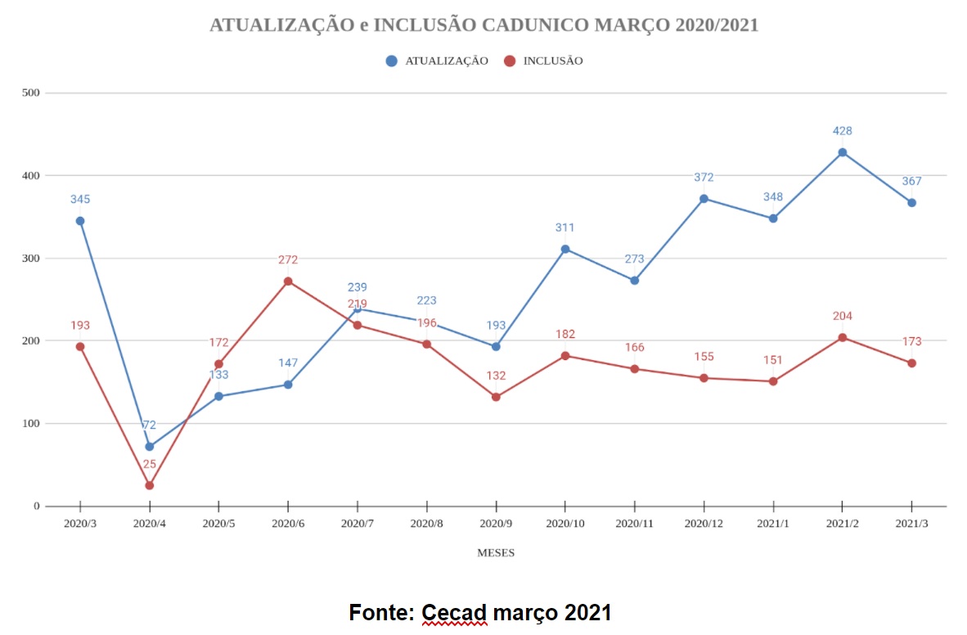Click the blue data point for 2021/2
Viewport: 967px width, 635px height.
click(x=842, y=152)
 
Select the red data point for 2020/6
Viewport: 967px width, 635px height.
click(x=288, y=281)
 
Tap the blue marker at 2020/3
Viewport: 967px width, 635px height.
click(x=80, y=221)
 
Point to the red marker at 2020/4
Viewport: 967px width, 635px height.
click(x=150, y=485)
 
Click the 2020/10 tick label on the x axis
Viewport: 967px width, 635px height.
click(x=564, y=523)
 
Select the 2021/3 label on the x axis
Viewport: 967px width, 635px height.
click(x=911, y=523)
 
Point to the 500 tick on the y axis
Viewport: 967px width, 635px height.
click(x=31, y=92)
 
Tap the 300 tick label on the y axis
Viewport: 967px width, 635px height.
click(x=31, y=259)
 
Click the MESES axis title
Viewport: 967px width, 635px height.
click(x=496, y=553)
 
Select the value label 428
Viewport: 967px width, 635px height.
click(x=842, y=131)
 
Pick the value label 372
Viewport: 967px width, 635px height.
click(x=704, y=178)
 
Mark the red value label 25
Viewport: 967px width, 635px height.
click(x=150, y=465)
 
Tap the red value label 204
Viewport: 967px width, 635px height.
click(x=842, y=317)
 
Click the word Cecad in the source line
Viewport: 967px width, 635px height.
click(x=454, y=613)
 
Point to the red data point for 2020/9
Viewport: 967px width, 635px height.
click(x=496, y=397)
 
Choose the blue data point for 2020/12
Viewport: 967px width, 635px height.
click(x=704, y=199)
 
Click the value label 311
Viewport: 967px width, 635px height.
click(x=565, y=228)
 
